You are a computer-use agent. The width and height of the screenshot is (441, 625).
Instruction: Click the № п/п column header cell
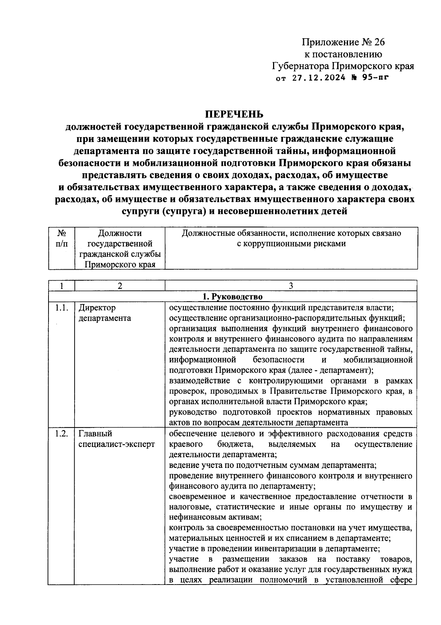tap(61, 238)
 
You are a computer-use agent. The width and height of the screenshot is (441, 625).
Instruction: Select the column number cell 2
tap(119, 286)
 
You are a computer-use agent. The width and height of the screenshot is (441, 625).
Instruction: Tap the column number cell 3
tap(291, 286)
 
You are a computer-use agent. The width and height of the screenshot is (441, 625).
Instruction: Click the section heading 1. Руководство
tap(233, 296)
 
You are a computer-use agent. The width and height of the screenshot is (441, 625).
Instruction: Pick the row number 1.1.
tap(61, 308)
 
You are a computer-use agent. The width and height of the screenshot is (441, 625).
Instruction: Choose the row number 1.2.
tap(61, 434)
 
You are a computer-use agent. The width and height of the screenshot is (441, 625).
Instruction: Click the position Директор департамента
tap(105, 313)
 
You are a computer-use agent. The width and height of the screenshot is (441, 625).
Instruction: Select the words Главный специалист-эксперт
tap(116, 439)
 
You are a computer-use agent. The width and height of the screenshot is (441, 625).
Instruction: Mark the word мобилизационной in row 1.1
tap(378, 359)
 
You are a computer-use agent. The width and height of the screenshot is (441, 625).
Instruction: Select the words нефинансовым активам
tap(215, 517)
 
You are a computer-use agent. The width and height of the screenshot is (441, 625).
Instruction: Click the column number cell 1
tap(61, 286)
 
